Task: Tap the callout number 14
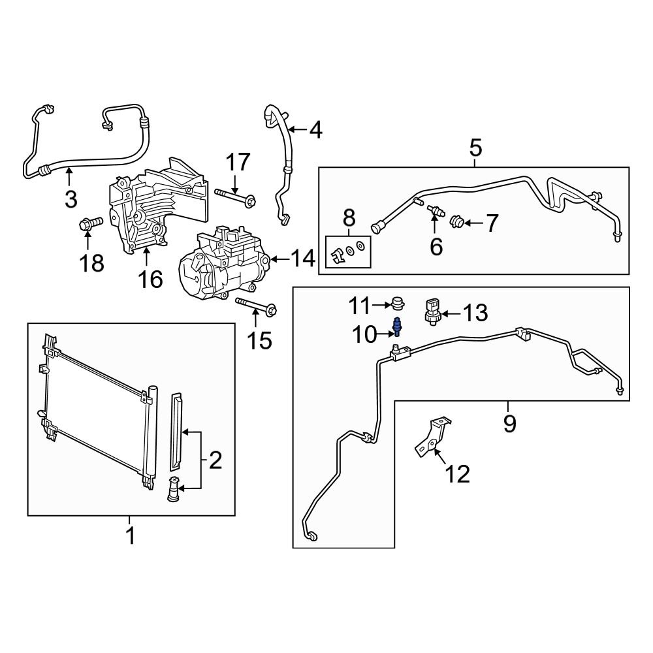[x=300, y=260]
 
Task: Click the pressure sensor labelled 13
[x=434, y=308]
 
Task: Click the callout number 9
[x=509, y=424]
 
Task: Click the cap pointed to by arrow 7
[x=459, y=224]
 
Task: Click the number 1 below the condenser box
[x=130, y=537]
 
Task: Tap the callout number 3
[x=71, y=197]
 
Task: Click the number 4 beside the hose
[x=315, y=131]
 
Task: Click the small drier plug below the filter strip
[x=174, y=490]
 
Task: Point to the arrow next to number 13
[x=454, y=312]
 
